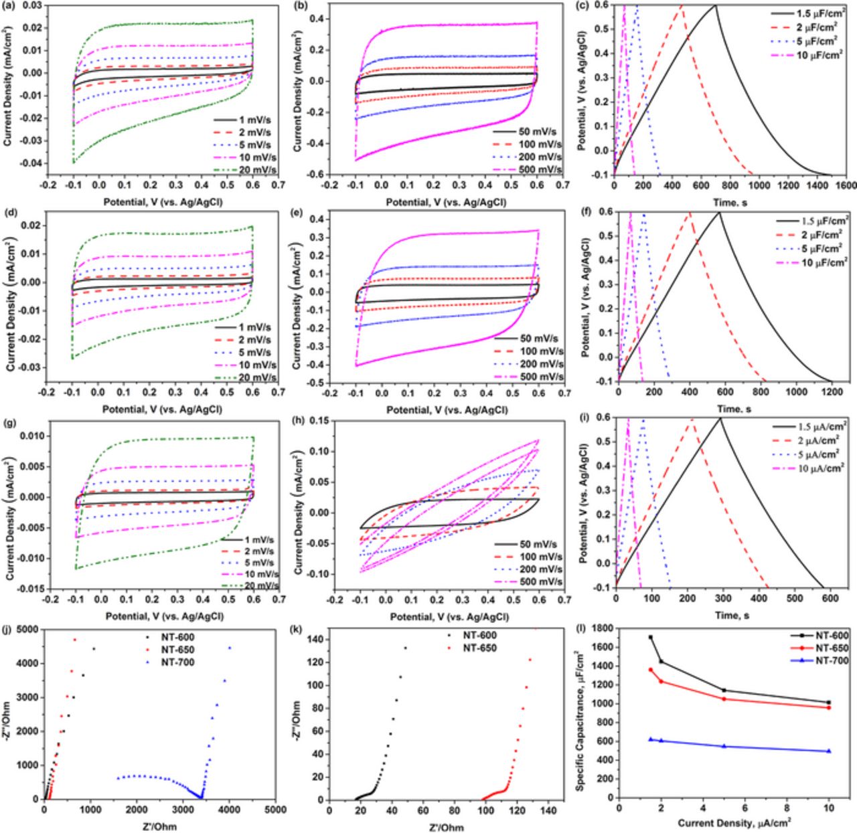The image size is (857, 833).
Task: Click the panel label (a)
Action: pos(11,5)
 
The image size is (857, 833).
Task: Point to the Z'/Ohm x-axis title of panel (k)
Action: pos(444,827)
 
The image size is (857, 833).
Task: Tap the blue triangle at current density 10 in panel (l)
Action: pos(829,751)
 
